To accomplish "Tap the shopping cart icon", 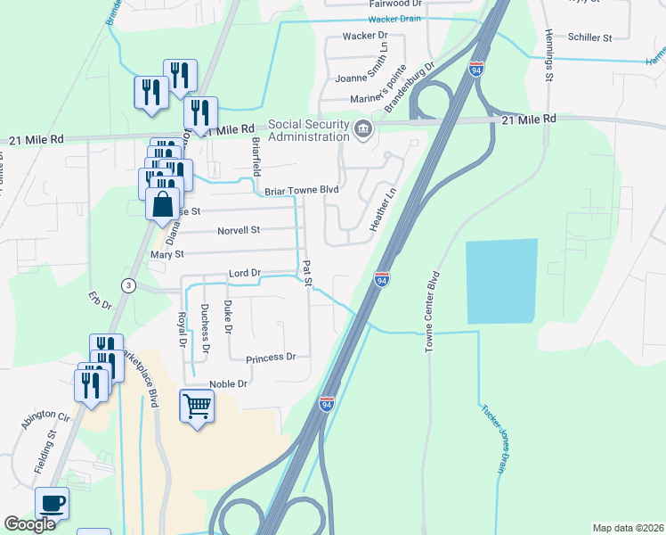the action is tap(198, 407).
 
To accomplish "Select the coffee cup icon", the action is tap(52, 504).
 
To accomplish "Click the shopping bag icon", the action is tap(164, 206).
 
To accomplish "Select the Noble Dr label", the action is tap(227, 384).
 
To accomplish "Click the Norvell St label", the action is tap(239, 230).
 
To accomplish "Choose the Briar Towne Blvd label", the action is tap(302, 190).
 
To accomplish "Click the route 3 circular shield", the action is tap(128, 285).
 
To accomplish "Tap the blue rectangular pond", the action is tap(502, 281).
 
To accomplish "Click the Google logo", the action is tap(29, 524).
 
